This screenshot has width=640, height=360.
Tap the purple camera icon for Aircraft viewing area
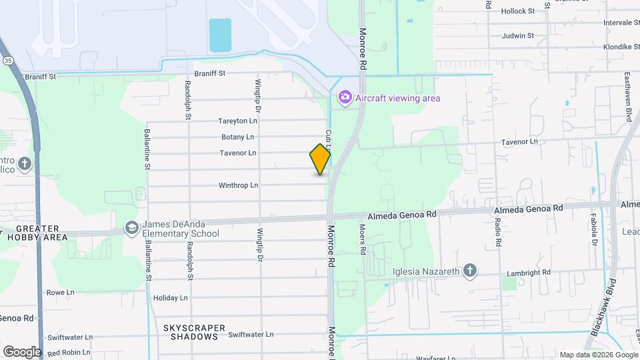coord(345,98)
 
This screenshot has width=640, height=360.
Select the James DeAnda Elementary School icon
coord(131,229)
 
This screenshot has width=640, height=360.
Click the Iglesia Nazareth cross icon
coord(470,270)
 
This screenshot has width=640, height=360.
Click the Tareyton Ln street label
coord(237,121)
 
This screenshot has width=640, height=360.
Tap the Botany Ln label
coord(238,137)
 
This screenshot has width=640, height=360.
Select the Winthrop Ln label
coord(238,185)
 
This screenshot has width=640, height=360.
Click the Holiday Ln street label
coord(171,298)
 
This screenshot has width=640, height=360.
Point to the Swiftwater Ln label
coord(251,335)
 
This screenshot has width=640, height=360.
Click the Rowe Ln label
coord(60,293)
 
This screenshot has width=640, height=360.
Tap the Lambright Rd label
coord(528,272)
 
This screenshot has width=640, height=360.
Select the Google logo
coord(21,351)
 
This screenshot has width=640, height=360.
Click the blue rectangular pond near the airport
coord(220,35)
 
